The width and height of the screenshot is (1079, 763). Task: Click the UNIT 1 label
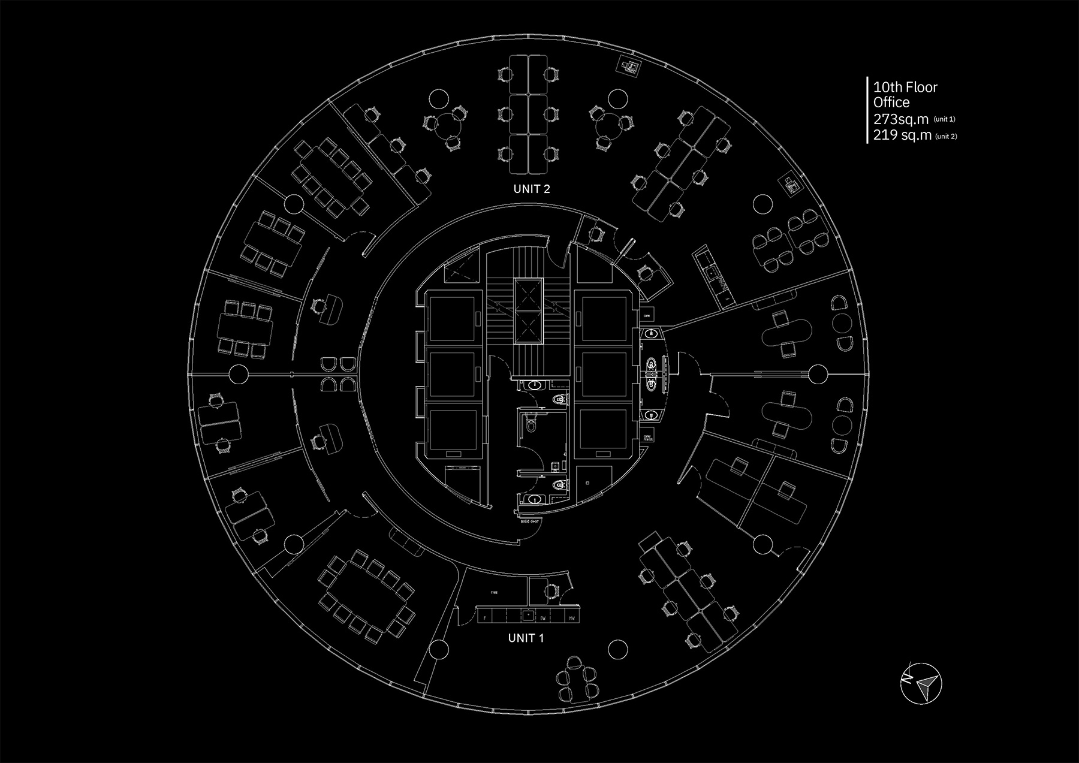pos(526,638)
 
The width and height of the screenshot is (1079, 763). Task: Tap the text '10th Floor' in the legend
pos(905,88)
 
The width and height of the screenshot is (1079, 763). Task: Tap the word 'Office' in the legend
pos(891,102)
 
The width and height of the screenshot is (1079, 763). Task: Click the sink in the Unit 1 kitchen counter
pos(528,614)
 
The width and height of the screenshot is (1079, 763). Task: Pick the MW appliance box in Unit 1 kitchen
pos(572,617)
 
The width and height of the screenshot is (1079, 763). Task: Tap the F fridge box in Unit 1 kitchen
pos(485,617)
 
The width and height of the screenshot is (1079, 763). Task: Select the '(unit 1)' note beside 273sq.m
pos(944,120)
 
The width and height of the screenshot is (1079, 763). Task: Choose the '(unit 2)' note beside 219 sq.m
pos(946,136)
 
